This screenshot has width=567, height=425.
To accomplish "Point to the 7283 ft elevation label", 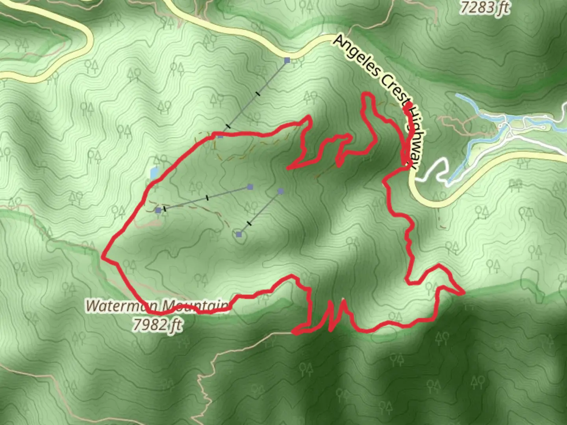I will pyautogui.click(x=485, y=7).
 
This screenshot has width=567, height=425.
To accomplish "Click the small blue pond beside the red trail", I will pyautogui.click(x=154, y=172).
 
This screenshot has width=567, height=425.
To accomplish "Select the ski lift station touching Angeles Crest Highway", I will pyautogui.click(x=287, y=60).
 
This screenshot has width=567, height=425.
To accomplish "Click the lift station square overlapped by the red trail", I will pyautogui.click(x=220, y=136).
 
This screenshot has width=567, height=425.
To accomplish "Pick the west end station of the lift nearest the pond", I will pyautogui.click(x=158, y=211).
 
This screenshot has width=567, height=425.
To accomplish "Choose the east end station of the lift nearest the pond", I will pyautogui.click(x=250, y=187).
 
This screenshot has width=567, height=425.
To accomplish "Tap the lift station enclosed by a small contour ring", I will pyautogui.click(x=239, y=235).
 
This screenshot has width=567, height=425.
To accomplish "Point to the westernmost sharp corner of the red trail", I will pyautogui.click(x=103, y=257).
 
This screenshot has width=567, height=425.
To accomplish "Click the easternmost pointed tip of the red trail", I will pyautogui.click(x=463, y=292).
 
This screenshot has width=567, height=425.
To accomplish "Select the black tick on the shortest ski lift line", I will pyautogui.click(x=249, y=224).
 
